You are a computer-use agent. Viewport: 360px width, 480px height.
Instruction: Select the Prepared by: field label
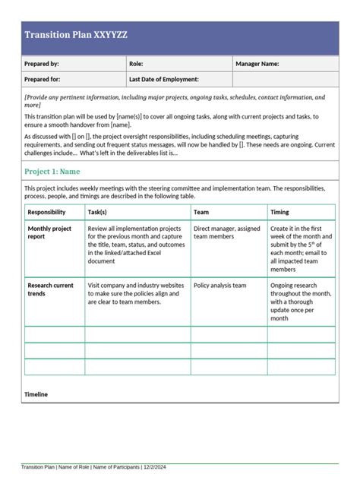(x=42, y=65)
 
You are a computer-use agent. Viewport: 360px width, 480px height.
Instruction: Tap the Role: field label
(x=137, y=65)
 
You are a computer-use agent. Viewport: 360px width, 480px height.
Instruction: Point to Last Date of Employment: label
(x=164, y=79)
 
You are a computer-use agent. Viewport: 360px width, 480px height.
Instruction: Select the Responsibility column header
(x=47, y=213)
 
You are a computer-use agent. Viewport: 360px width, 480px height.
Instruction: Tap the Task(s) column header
(x=97, y=213)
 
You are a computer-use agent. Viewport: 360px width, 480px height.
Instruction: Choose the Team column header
(x=202, y=213)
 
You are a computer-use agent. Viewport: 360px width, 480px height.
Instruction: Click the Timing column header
(x=279, y=213)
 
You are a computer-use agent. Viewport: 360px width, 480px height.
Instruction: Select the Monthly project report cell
(x=49, y=232)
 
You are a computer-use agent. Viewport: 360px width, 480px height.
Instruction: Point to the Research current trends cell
(x=51, y=289)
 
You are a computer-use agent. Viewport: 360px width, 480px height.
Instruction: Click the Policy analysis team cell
(x=220, y=286)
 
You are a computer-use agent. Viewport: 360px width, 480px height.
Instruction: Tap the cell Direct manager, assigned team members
(x=226, y=232)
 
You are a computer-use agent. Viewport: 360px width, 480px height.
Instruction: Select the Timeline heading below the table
(x=36, y=395)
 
